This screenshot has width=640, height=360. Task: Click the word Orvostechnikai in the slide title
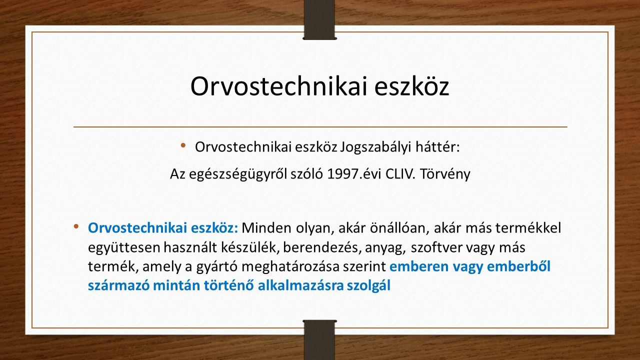click(x=278, y=86)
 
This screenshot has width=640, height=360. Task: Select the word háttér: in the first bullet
click(x=437, y=147)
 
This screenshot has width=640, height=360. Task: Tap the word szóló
click(x=307, y=174)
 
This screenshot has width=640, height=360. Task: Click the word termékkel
click(x=528, y=228)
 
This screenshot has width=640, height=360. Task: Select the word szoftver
click(x=436, y=247)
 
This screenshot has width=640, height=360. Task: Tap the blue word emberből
click(x=519, y=266)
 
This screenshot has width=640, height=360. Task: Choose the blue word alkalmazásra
click(x=300, y=285)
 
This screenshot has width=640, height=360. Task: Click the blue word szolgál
click(x=368, y=286)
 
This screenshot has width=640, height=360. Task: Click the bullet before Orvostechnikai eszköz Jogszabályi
click(x=183, y=145)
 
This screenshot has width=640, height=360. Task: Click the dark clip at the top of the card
click(x=319, y=19)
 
